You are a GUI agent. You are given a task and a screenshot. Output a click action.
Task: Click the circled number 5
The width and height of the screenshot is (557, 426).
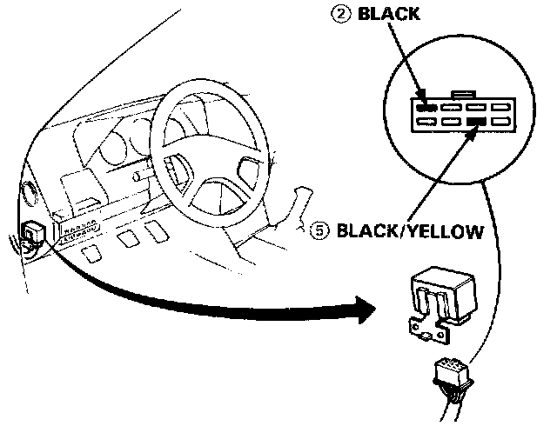click(x=319, y=231)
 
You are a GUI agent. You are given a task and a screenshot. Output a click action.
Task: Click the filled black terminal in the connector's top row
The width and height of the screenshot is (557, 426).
click(x=426, y=107)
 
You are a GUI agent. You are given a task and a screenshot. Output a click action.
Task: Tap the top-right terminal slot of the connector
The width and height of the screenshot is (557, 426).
click(x=500, y=108)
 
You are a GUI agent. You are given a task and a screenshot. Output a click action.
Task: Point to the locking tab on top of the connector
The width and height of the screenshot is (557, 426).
click(x=463, y=92)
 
